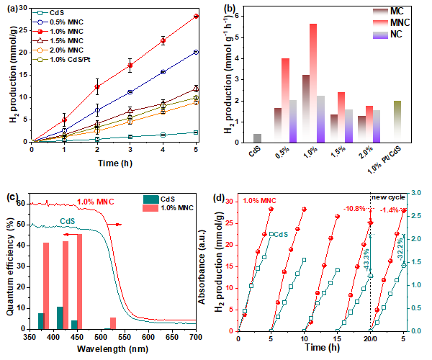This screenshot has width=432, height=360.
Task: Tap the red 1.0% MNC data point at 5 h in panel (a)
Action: click(196, 16)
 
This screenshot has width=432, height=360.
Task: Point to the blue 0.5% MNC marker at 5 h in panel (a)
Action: click(196, 52)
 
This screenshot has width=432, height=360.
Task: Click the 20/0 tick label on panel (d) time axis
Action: click(371, 338)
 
